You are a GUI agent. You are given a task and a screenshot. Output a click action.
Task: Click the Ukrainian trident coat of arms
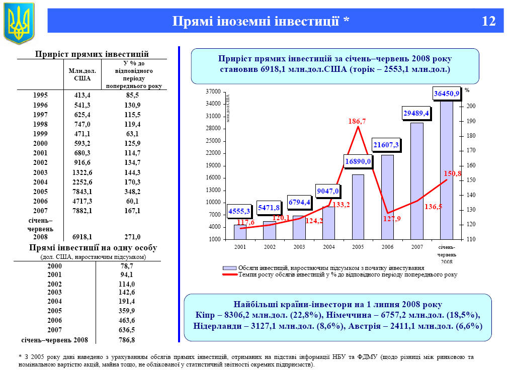[x=19, y=23]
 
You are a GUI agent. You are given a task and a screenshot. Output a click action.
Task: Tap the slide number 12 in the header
[x=488, y=21]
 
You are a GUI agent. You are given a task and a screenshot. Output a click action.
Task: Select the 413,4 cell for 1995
[x=82, y=95]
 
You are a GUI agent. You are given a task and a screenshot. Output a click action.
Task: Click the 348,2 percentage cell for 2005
[x=134, y=192]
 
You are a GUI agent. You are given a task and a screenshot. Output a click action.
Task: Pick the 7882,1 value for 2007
[x=82, y=211]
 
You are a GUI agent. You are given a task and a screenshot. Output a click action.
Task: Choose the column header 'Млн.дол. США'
[x=82, y=74]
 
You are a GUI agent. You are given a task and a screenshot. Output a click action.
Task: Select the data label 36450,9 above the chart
[x=446, y=94]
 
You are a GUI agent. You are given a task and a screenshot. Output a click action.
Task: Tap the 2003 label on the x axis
[x=299, y=247]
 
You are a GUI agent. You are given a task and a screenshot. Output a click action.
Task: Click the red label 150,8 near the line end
[x=452, y=173]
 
